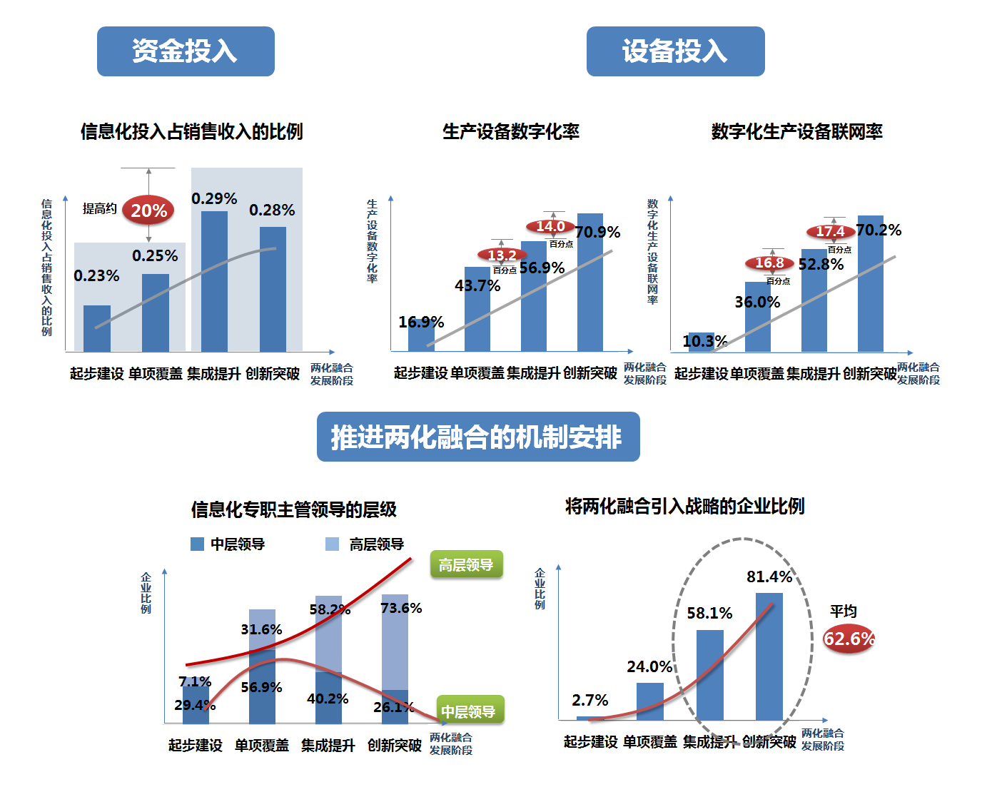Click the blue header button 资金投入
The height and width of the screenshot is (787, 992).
[186, 51]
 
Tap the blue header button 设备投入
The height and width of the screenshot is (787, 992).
[675, 51]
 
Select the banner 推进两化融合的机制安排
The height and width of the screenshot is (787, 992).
[478, 437]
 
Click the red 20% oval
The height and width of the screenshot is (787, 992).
[148, 210]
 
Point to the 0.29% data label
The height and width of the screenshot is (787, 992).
[214, 198]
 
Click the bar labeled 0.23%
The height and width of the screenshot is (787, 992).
[97, 328]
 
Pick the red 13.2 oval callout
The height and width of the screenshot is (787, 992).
[502, 255]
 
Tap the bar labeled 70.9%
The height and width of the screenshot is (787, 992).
[590, 285]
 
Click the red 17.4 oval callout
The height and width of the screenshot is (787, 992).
[831, 232]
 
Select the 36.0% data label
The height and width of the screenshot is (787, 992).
[757, 302]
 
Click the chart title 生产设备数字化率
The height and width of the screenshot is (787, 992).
[511, 132]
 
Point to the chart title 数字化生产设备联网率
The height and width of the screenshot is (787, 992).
[796, 132]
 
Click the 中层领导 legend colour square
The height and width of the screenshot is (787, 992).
[198, 544]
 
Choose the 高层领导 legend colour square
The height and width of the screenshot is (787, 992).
[332, 544]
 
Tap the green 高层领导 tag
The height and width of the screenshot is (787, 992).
[466, 565]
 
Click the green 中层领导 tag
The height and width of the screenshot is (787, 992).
[470, 711]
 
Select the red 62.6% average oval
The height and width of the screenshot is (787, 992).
[849, 639]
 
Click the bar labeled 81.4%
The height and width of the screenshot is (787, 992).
[769, 656]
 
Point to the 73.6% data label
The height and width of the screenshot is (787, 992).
[401, 608]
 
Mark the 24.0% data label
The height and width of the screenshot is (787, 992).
[649, 666]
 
